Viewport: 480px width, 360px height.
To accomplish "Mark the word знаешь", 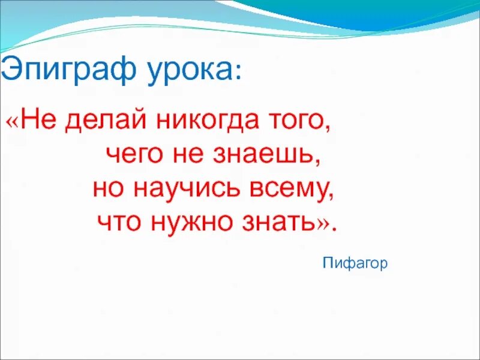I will (x=271, y=155).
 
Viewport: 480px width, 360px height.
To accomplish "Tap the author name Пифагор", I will (x=355, y=263).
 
